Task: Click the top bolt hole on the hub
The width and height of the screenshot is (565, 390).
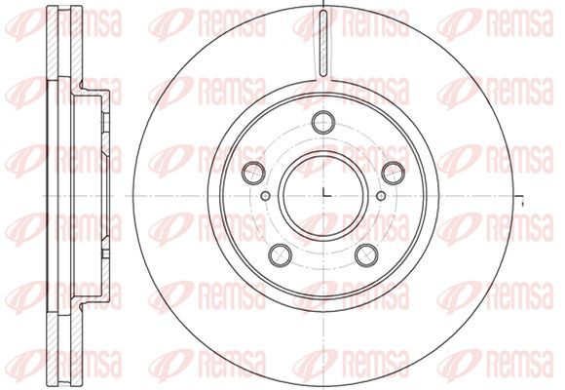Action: pos(323,122)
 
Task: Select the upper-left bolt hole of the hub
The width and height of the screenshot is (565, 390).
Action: pos(253,174)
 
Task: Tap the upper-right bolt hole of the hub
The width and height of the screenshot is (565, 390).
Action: pos(394,174)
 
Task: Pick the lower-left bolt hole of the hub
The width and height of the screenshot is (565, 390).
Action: pos(280,255)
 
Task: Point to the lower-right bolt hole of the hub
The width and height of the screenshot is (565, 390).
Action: pos(366,255)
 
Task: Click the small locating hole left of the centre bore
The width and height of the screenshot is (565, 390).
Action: pos(265,196)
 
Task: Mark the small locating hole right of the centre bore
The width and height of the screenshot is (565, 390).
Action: pos(381,196)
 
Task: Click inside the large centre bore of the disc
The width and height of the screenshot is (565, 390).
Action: pos(323,196)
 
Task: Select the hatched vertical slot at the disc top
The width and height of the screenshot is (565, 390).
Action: pos(323,43)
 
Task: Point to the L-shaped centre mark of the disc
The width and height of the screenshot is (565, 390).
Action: pos(325,192)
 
